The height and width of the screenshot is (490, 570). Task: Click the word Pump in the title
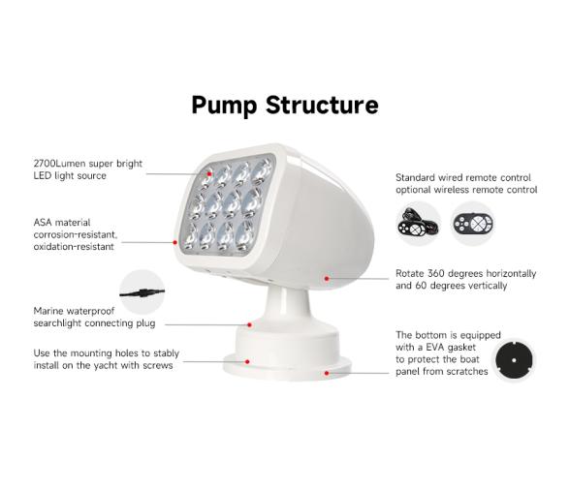click(x=224, y=105)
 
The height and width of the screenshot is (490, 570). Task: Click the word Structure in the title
click(x=322, y=105)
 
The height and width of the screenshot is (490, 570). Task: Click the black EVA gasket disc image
click(x=514, y=360)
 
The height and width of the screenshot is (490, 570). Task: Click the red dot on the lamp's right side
click(x=327, y=279)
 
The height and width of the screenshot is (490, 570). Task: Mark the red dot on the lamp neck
click(x=250, y=324)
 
